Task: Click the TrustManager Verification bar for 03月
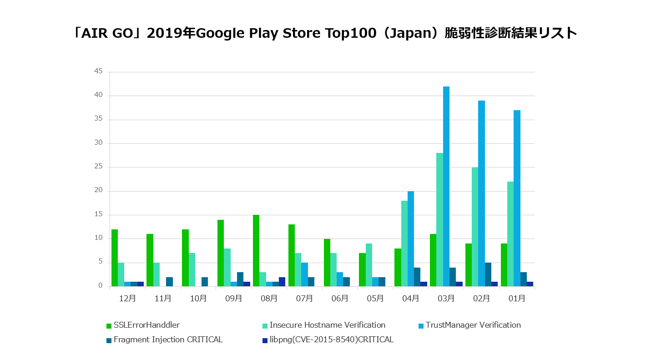point(446,187)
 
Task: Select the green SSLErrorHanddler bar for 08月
point(256,250)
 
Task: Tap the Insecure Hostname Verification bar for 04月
point(404,243)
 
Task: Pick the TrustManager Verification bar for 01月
point(517,198)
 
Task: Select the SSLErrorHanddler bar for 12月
point(115,258)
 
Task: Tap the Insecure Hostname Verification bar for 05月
point(369,265)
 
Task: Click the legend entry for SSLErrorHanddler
point(143,325)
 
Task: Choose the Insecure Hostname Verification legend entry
point(324,325)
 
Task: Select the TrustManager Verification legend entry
point(469,325)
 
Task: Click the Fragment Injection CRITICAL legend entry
point(165,340)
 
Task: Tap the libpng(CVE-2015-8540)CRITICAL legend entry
point(328,340)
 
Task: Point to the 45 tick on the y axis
point(98,71)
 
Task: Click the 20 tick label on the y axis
point(98,191)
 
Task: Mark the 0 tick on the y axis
point(100,286)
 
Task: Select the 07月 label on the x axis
point(304,299)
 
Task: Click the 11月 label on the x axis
point(163,299)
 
